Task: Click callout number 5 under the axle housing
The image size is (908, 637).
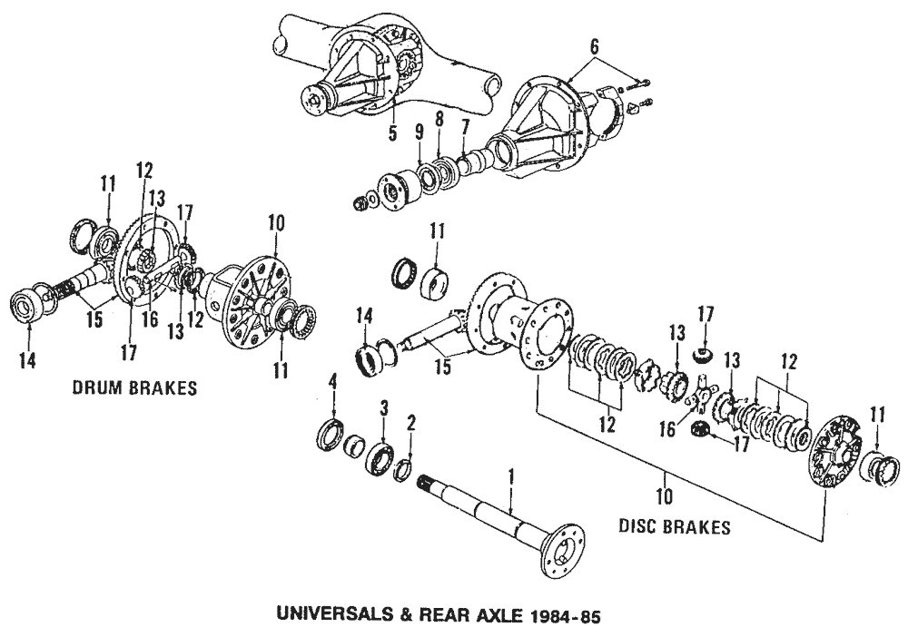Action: coord(393,132)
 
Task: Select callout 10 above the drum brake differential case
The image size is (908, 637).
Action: coord(276,220)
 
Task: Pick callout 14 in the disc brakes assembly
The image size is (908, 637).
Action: coord(365,315)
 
